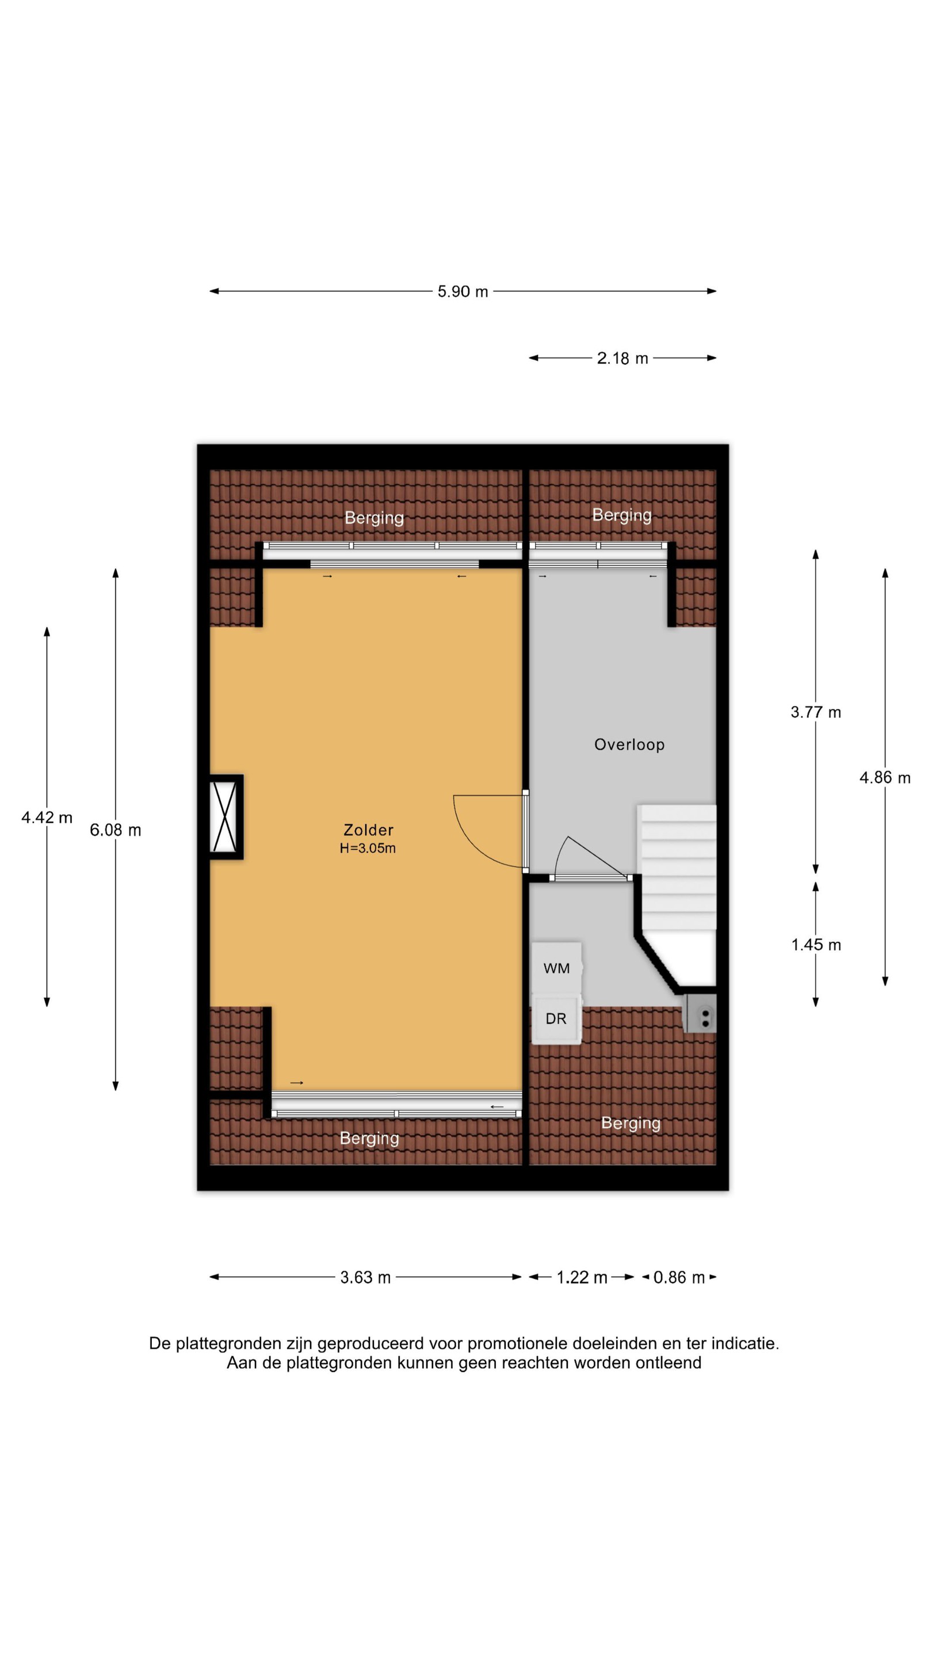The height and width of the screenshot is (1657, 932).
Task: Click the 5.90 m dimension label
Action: tap(463, 291)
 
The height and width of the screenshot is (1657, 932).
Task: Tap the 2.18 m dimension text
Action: tap(622, 358)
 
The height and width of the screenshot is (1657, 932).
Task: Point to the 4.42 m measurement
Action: tap(47, 818)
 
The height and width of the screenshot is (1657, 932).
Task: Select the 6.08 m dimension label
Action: tap(116, 830)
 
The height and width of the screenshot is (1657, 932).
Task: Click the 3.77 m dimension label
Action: tap(816, 712)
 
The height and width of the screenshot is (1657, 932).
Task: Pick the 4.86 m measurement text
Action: tap(885, 778)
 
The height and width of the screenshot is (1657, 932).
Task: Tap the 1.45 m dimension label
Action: tap(816, 944)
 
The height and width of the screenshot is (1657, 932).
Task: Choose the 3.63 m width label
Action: tap(365, 1277)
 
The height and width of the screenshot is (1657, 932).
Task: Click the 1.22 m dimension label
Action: tap(582, 1277)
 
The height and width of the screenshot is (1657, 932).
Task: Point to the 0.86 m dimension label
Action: tap(679, 1277)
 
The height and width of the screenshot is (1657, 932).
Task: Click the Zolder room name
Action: tap(368, 830)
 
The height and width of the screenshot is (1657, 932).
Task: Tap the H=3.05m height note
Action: tap(368, 848)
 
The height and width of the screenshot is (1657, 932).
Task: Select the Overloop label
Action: tap(629, 744)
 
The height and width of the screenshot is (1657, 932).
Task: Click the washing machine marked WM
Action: tap(557, 968)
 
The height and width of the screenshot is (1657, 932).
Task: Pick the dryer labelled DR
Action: tap(557, 1019)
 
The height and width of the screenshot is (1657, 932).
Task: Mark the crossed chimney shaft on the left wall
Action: tap(226, 817)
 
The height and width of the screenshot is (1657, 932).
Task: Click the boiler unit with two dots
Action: tap(700, 1014)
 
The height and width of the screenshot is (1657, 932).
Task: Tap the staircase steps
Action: tap(677, 866)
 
